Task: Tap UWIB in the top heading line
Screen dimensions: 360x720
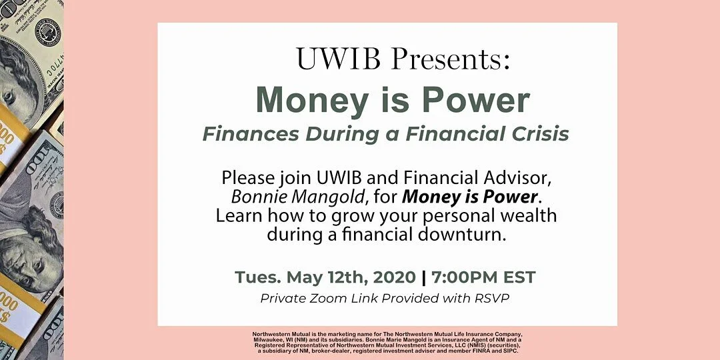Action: [x=338, y=59]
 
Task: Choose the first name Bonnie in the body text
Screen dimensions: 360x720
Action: [x=257, y=197]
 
